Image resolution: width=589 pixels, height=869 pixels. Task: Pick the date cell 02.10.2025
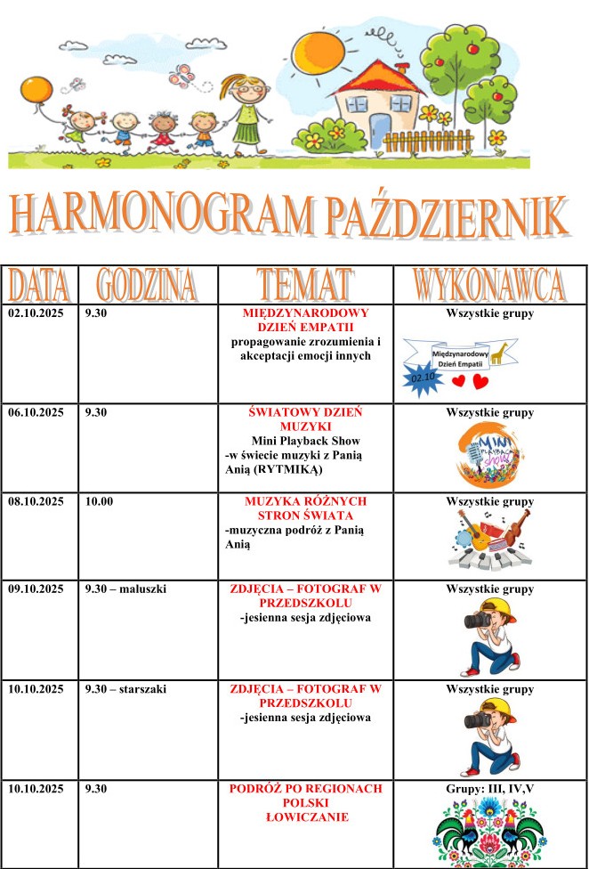click(x=36, y=314)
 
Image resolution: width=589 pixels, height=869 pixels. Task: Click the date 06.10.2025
click(x=36, y=412)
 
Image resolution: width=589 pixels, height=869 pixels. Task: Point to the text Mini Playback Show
click(x=304, y=440)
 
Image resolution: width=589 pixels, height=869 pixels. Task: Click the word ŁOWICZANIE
click(x=305, y=816)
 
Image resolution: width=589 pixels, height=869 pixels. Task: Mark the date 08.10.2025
click(x=36, y=501)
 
